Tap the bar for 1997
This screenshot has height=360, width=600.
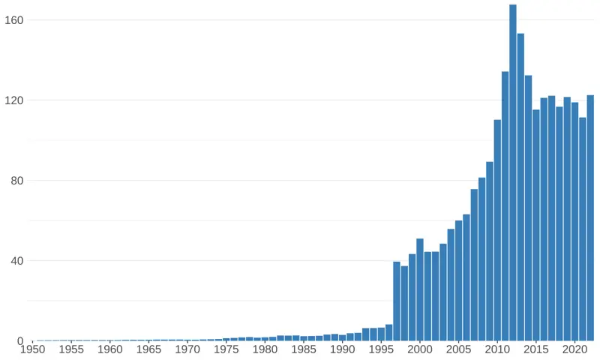click(x=397, y=301)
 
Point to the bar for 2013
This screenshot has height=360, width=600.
click(x=520, y=187)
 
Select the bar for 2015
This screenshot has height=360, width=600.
click(x=536, y=225)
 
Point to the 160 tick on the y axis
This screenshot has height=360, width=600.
click(x=16, y=20)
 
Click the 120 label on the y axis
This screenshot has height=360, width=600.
click(x=16, y=100)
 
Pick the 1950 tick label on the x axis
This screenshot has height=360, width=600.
click(x=32, y=349)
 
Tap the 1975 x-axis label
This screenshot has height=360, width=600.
click(x=226, y=349)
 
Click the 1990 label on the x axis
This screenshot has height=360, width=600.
click(x=343, y=349)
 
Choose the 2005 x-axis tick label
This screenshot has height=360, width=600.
click(x=459, y=349)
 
